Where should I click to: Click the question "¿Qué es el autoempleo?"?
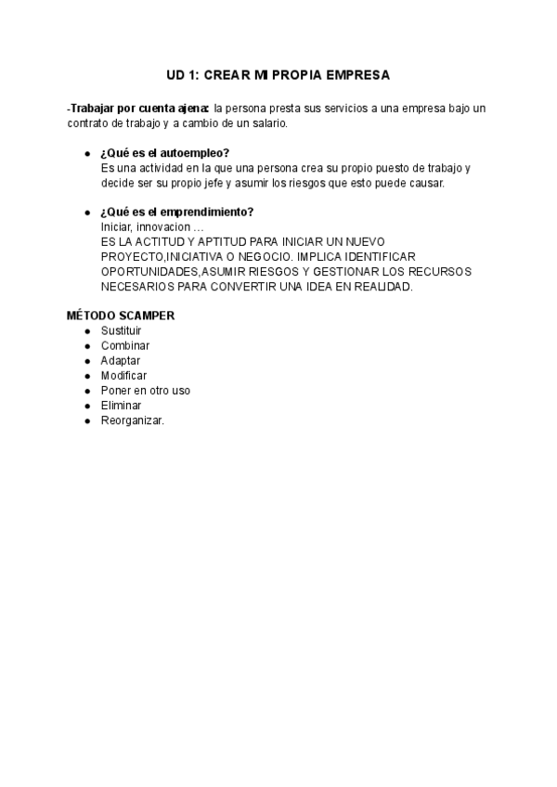165,152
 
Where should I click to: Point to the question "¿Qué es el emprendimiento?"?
176,212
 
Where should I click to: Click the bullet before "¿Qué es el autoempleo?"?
87,153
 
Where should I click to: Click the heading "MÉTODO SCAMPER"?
121,316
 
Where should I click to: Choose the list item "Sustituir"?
122,330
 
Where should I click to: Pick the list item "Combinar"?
125,345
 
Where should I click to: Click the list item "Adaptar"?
121,360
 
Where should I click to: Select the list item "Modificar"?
124,376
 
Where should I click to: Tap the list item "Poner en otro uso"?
146,391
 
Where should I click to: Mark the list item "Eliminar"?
121,406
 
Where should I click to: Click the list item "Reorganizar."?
133,420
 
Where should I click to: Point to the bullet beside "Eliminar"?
87,406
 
